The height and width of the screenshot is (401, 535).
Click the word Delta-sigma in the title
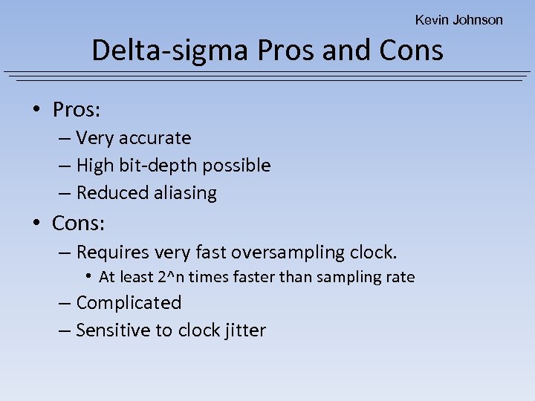170,50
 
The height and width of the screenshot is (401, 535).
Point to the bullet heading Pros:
77,110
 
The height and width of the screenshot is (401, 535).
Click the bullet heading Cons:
77,222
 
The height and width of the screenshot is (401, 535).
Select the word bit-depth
164,166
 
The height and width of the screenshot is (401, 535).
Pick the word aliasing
186,193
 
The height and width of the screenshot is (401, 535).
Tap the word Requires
114,252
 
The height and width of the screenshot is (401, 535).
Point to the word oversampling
282,252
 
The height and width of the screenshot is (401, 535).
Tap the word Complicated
129,303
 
